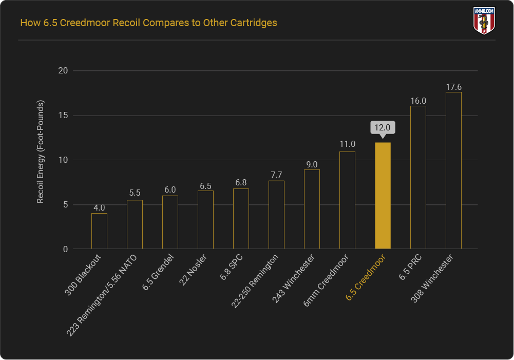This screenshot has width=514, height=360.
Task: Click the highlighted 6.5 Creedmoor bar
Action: [383, 196]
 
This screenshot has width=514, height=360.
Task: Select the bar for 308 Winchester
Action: [453, 170]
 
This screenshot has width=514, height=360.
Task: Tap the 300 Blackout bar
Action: [99, 231]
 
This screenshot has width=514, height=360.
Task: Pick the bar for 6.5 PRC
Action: [418, 178]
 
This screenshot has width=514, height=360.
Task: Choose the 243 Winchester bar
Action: [312, 209]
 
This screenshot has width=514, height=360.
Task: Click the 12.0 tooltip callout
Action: [383, 128]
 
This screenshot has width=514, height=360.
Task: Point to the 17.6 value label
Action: [453, 87]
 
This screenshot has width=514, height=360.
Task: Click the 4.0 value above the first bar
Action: [99, 208]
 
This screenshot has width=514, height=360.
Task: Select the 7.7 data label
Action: [276, 175]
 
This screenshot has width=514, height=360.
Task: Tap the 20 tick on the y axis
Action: [63, 71]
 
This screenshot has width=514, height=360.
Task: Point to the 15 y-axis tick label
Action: [63, 116]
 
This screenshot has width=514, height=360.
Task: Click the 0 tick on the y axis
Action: [65, 250]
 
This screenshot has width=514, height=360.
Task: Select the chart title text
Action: [148, 23]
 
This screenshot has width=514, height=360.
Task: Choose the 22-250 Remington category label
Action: [256, 282]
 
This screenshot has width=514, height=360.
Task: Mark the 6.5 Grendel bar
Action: [170, 222]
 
